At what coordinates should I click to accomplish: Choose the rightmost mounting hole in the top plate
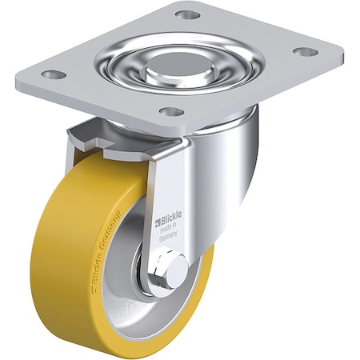tap(305, 52)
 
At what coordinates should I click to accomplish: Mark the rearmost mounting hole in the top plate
tap(186, 15)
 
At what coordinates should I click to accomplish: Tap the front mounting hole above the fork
tap(170, 111)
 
